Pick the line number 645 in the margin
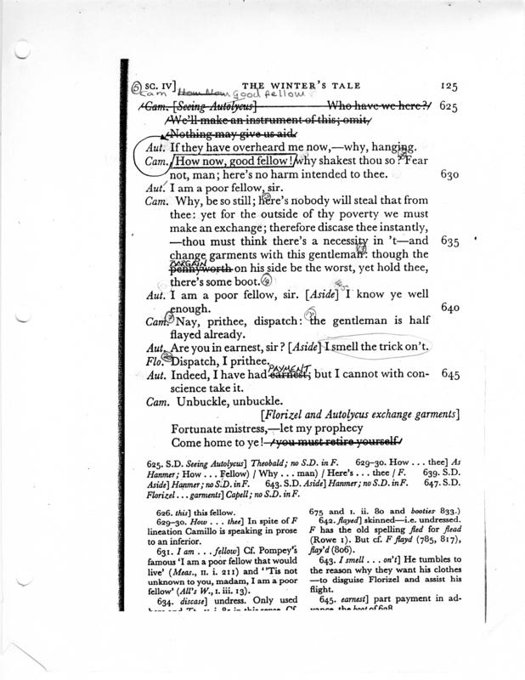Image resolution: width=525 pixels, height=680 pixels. (x=450, y=375)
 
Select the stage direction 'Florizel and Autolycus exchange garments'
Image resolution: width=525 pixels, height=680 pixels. (x=360, y=414)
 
